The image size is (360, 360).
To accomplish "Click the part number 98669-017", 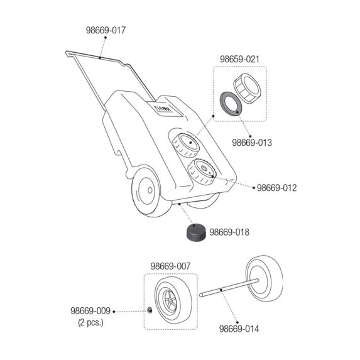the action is click(106, 30).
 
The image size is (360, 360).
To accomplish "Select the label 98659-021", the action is click(239, 59).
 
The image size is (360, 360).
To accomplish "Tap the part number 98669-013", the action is click(252, 143).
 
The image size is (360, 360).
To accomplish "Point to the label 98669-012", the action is click(276, 188).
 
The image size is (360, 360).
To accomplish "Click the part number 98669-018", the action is click(229, 232).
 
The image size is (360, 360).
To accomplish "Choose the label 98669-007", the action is click(171, 266).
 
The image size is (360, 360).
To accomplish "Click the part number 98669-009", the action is click(90, 311).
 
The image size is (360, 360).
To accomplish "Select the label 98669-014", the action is click(239, 329).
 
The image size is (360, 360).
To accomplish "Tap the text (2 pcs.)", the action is click(90, 322).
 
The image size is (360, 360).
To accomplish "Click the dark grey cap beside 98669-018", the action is click(195, 232).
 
